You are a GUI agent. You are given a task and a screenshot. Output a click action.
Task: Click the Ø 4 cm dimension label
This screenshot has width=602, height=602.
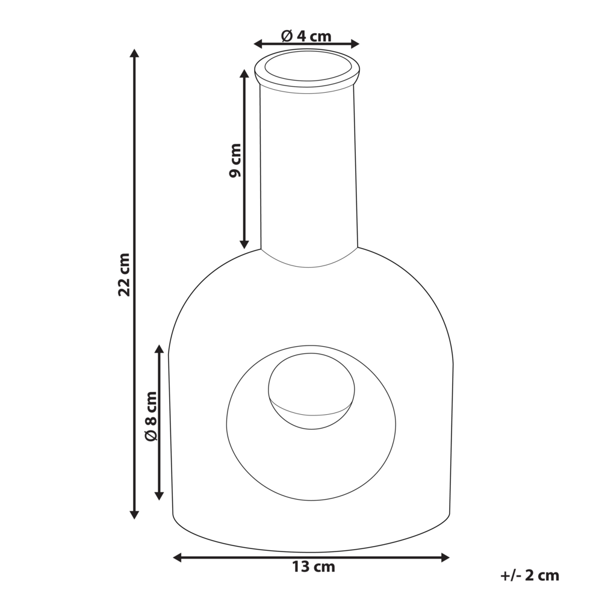[x=306, y=36]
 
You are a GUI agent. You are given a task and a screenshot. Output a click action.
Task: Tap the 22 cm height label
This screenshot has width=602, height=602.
[x=124, y=274]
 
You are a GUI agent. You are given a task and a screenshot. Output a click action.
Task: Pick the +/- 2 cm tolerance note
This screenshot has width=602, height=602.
[x=529, y=576]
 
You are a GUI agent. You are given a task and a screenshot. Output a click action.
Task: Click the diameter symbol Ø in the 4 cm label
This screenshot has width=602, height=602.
[x=287, y=36]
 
